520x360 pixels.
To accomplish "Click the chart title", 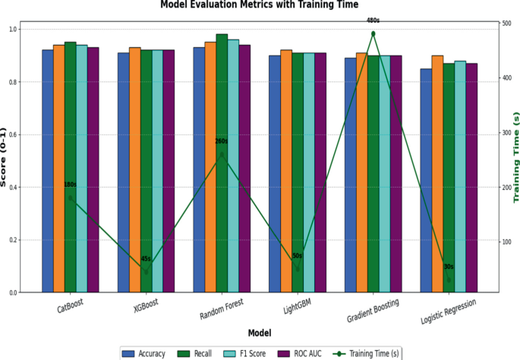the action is (x=260, y=5).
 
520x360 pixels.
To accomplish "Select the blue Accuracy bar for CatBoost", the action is (x=48, y=171).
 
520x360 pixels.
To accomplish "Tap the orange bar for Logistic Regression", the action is (x=437, y=174).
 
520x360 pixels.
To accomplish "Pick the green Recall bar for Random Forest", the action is (x=222, y=163).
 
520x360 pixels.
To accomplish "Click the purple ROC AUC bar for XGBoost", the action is (x=169, y=171).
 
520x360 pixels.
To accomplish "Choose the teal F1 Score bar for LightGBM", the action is (x=309, y=172).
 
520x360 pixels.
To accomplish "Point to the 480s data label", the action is (x=373, y=21).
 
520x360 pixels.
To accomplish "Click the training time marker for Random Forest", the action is (x=222, y=155).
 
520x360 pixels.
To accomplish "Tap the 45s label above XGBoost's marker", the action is (x=146, y=259).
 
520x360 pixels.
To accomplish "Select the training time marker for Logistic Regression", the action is (x=449, y=280).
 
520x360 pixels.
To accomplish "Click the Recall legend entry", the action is (x=194, y=354).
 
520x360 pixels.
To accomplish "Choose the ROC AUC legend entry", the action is (x=299, y=354).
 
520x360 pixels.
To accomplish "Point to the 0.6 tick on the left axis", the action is (x=13, y=134).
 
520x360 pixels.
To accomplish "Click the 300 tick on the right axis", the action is (x=507, y=132).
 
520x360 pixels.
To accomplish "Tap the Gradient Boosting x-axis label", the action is (x=373, y=310).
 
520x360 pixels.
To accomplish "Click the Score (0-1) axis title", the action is (x=3, y=157).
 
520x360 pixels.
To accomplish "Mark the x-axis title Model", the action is (x=260, y=333).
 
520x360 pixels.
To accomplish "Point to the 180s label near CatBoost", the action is (x=70, y=185).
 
